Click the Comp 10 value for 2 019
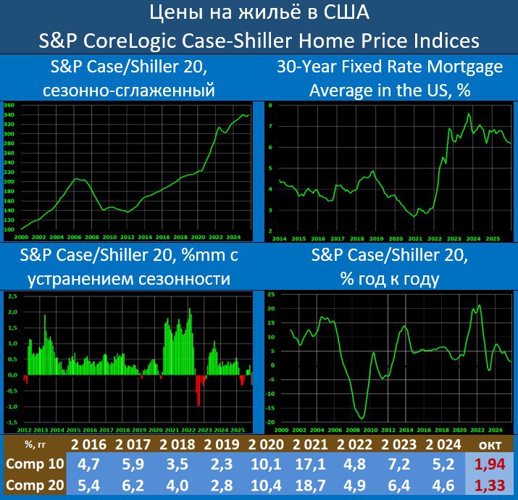(225, 464)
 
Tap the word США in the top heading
(345, 12)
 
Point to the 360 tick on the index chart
(9, 106)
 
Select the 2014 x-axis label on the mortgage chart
(280, 238)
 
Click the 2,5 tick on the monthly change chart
(12, 296)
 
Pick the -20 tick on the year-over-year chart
(271, 422)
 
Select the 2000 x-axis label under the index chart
(22, 237)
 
